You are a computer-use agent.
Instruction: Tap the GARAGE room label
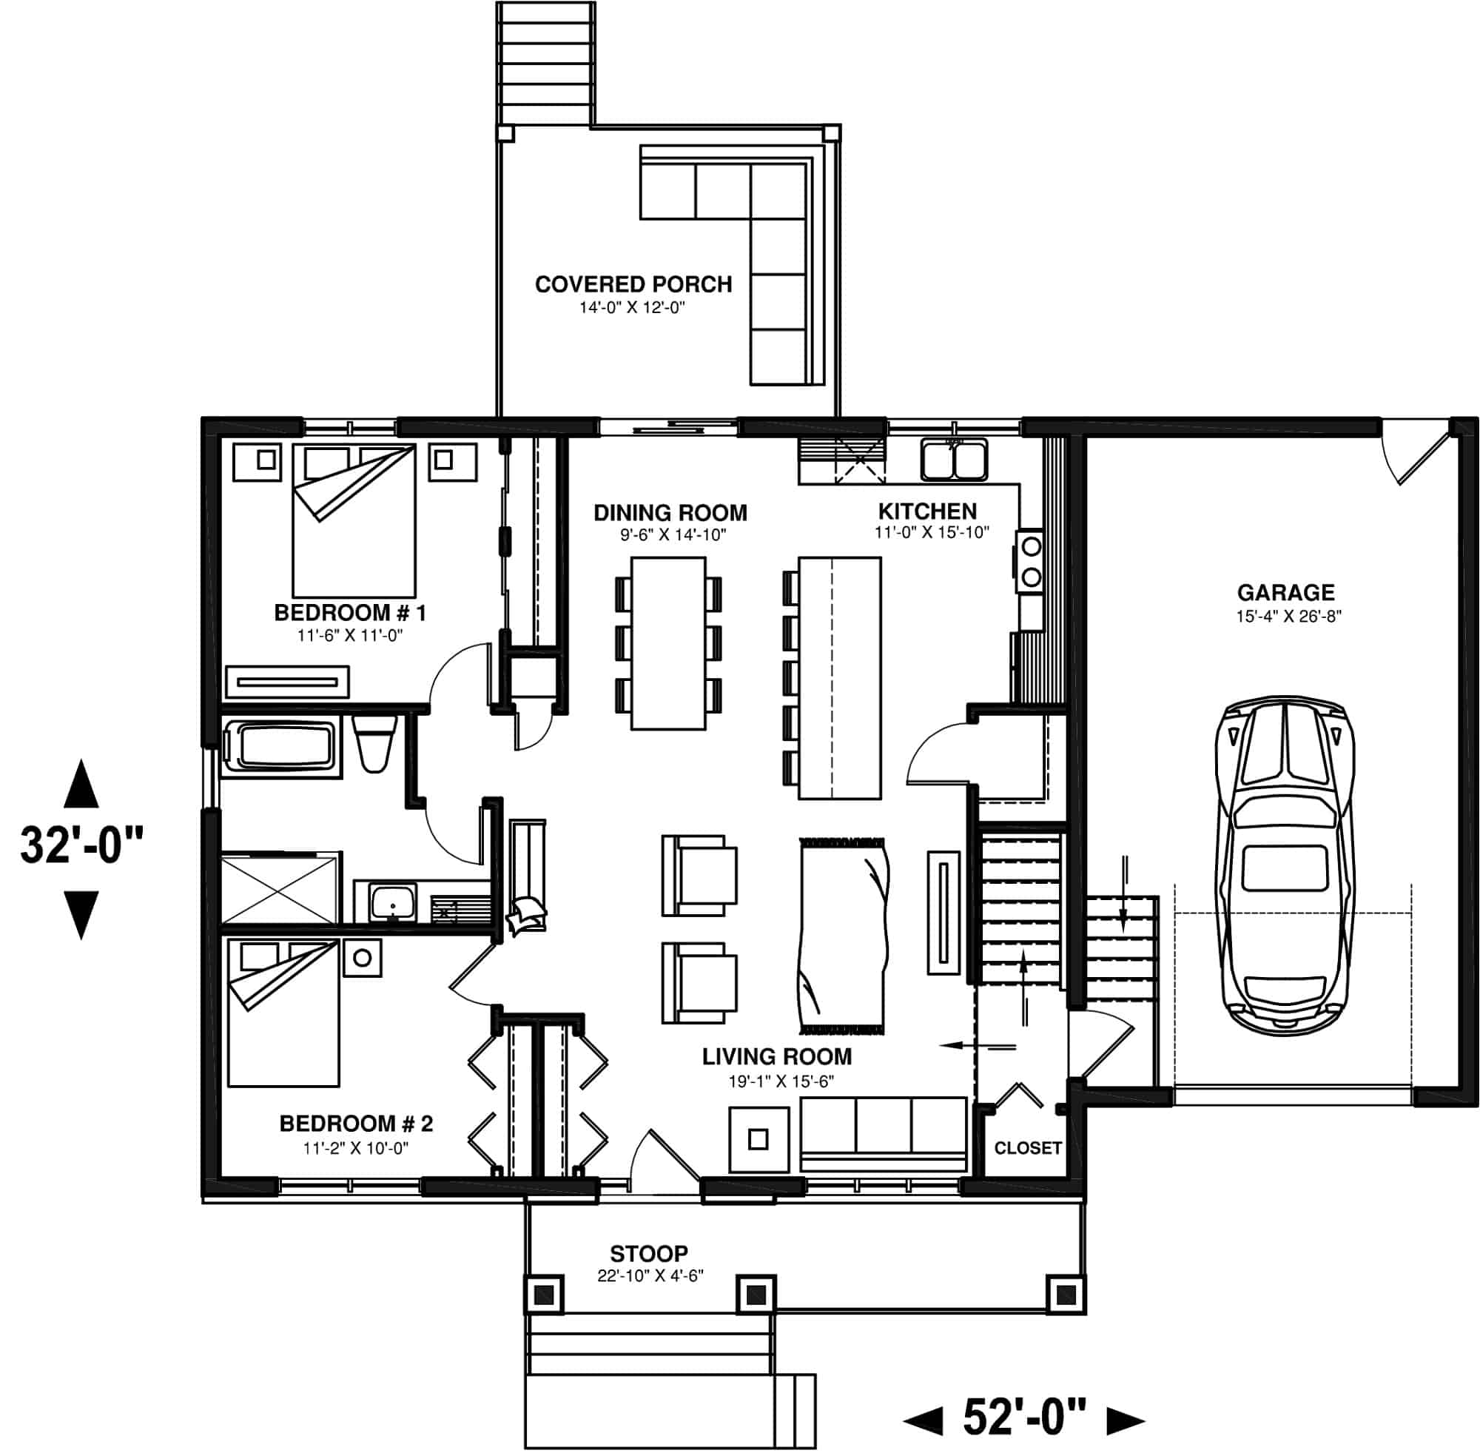pos(1286,592)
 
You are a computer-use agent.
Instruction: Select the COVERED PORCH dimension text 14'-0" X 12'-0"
pos(631,308)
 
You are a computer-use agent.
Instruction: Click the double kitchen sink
pos(953,460)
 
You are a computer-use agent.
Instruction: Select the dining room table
pos(667,643)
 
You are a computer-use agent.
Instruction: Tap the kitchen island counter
pos(839,677)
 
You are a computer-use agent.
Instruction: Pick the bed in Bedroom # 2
pos(283,1013)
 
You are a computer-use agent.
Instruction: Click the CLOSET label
pos(1027,1148)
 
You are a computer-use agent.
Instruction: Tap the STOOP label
pos(648,1253)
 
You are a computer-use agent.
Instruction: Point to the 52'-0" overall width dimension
pos(1023,1417)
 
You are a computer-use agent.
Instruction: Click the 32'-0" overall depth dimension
pos(81,846)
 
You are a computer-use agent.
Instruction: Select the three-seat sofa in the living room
pos(883,1134)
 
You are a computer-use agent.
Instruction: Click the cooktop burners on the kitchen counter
pos(1031,562)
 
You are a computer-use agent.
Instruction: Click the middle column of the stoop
pos(756,1295)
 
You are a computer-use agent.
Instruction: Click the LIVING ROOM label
pos(776,1057)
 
